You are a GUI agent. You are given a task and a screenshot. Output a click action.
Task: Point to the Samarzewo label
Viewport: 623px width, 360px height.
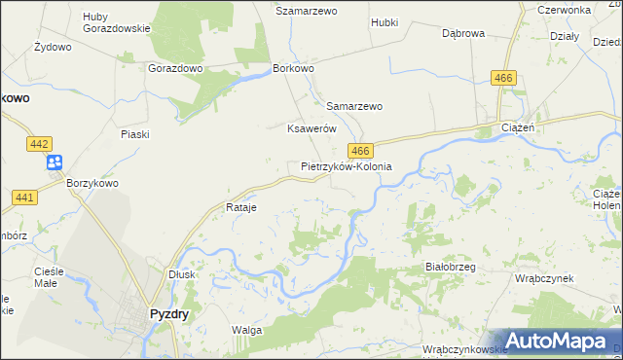pyautogui.click(x=354, y=106)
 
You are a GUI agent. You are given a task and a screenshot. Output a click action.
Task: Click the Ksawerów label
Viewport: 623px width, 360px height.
pyautogui.click(x=311, y=128)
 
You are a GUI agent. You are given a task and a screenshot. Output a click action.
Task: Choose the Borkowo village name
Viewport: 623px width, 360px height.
pyautogui.click(x=295, y=69)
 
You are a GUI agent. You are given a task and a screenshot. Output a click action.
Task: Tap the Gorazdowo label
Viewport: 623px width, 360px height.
pyautogui.click(x=175, y=69)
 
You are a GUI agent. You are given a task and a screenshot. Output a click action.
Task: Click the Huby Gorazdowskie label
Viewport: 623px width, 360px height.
pyautogui.click(x=117, y=21)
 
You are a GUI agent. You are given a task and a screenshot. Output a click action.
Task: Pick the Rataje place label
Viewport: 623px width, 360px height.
pyautogui.click(x=240, y=207)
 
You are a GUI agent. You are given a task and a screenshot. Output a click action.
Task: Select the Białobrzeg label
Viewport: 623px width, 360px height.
pyautogui.click(x=450, y=266)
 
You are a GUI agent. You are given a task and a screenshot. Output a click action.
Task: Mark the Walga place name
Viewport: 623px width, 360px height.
pyautogui.click(x=246, y=330)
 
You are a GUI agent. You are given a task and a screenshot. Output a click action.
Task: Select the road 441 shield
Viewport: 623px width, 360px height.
pyautogui.click(x=25, y=198)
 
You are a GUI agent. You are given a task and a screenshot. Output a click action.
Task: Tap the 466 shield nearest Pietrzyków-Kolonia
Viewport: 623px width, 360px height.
pyautogui.click(x=360, y=151)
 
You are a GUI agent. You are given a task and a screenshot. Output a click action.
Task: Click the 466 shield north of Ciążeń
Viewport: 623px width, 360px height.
pyautogui.click(x=503, y=78)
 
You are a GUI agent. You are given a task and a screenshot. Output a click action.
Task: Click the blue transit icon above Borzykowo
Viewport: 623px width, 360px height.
pyautogui.click(x=54, y=162)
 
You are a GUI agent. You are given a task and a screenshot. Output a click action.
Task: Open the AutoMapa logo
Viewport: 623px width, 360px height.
pyautogui.click(x=552, y=341)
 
